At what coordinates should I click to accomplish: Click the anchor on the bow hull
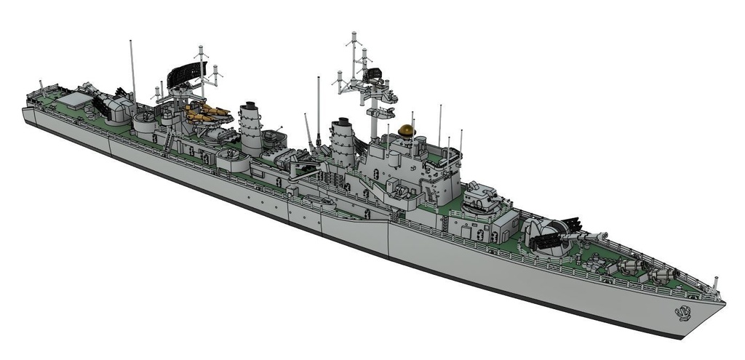coord(682,313)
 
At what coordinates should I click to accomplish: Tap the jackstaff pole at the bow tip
coord(716,282)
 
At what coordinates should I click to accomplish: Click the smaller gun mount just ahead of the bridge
coord(481,197)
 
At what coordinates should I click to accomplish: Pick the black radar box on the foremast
coord(375,72)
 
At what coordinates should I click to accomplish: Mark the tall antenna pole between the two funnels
coord(318,109)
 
